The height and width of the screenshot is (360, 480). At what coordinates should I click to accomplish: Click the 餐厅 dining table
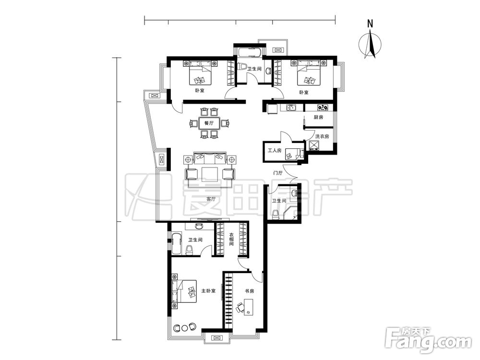(x=209, y=123)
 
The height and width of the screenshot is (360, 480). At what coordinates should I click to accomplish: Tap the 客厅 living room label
(x=211, y=199)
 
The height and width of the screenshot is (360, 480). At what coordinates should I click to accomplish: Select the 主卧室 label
(x=208, y=290)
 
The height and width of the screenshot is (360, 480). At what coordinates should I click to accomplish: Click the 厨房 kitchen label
(x=318, y=117)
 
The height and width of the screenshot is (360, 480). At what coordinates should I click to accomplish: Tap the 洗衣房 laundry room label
(x=322, y=136)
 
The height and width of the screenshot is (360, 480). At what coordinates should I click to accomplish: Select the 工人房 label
(x=274, y=150)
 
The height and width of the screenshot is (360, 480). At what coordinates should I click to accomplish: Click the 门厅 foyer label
(x=277, y=173)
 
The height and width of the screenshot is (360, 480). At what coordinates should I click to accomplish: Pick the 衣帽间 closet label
(x=231, y=240)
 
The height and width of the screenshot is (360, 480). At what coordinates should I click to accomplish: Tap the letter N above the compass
(x=371, y=24)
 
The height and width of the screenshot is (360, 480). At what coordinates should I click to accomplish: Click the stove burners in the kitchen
(x=323, y=108)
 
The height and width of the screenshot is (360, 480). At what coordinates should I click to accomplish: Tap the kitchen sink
(x=291, y=108)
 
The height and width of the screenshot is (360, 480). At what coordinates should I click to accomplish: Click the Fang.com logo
(x=429, y=341)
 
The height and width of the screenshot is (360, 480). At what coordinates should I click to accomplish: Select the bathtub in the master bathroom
(x=176, y=243)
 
